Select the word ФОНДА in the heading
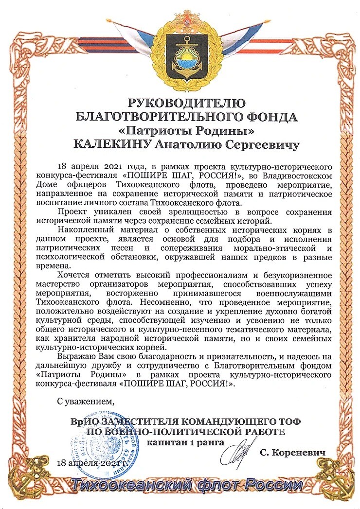(270, 117)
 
